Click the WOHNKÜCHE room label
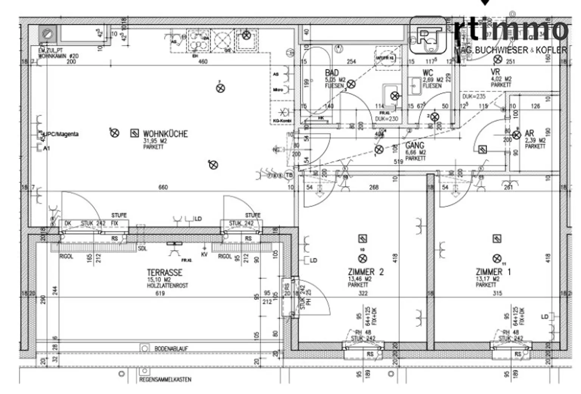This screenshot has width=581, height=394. pyautogui.click(x=165, y=134)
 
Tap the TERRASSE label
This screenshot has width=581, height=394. pyautogui.click(x=165, y=273)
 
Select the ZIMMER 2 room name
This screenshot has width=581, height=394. pyautogui.click(x=365, y=272)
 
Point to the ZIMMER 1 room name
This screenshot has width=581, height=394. pyautogui.click(x=493, y=272)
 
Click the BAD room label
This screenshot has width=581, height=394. pyautogui.click(x=332, y=73)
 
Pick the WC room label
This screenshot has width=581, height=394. pyautogui.click(x=428, y=73)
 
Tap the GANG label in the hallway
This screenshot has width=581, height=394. pyautogui.click(x=415, y=145)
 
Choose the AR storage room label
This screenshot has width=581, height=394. pyautogui.click(x=529, y=133)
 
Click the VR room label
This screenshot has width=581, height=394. pyautogui.click(x=495, y=72)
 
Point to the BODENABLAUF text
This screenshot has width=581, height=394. pyautogui.click(x=171, y=348)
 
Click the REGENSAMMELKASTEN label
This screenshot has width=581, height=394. pyautogui.click(x=165, y=379)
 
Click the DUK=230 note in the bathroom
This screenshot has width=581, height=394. pyautogui.click(x=387, y=119)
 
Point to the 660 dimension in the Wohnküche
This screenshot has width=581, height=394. pyautogui.click(x=163, y=187)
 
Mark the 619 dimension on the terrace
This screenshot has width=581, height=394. pyautogui.click(x=160, y=293)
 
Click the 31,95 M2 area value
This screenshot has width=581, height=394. pyautogui.click(x=155, y=141)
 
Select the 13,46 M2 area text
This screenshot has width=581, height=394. pyautogui.click(x=359, y=279)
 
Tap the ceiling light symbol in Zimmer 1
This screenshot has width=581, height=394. pyautogui.click(x=497, y=259)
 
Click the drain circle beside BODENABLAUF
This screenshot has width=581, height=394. pyautogui.click(x=144, y=348)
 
